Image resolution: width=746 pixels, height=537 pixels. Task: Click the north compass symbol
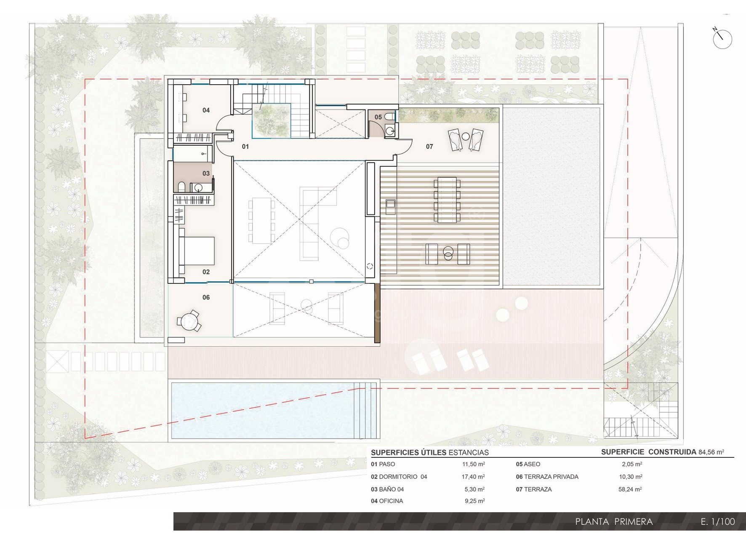click(722, 39)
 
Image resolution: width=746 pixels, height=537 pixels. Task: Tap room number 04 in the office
click(206, 110)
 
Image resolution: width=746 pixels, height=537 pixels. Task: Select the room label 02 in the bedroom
click(206, 272)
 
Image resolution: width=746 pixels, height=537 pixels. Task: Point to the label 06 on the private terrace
click(206, 297)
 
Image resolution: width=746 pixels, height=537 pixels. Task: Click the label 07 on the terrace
click(429, 147)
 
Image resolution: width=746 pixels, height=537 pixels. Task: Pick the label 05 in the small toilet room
click(378, 117)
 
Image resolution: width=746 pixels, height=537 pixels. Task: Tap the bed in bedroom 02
click(197, 251)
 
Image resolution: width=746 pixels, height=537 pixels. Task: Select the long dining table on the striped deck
click(447, 200)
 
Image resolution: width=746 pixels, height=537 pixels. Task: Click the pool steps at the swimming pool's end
click(366, 411)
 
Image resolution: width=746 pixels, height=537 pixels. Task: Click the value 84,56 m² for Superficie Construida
click(711, 452)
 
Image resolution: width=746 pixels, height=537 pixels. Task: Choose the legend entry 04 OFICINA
click(387, 501)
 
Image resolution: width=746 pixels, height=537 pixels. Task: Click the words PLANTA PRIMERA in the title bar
click(614, 522)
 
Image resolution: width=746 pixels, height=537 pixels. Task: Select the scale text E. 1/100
click(718, 522)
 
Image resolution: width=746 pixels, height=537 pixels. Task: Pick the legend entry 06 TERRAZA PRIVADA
click(547, 477)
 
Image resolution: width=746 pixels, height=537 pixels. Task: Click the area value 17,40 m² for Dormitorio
click(473, 477)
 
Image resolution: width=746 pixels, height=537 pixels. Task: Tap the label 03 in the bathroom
click(206, 174)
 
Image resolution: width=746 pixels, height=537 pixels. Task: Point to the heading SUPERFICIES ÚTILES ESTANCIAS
click(430, 453)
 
